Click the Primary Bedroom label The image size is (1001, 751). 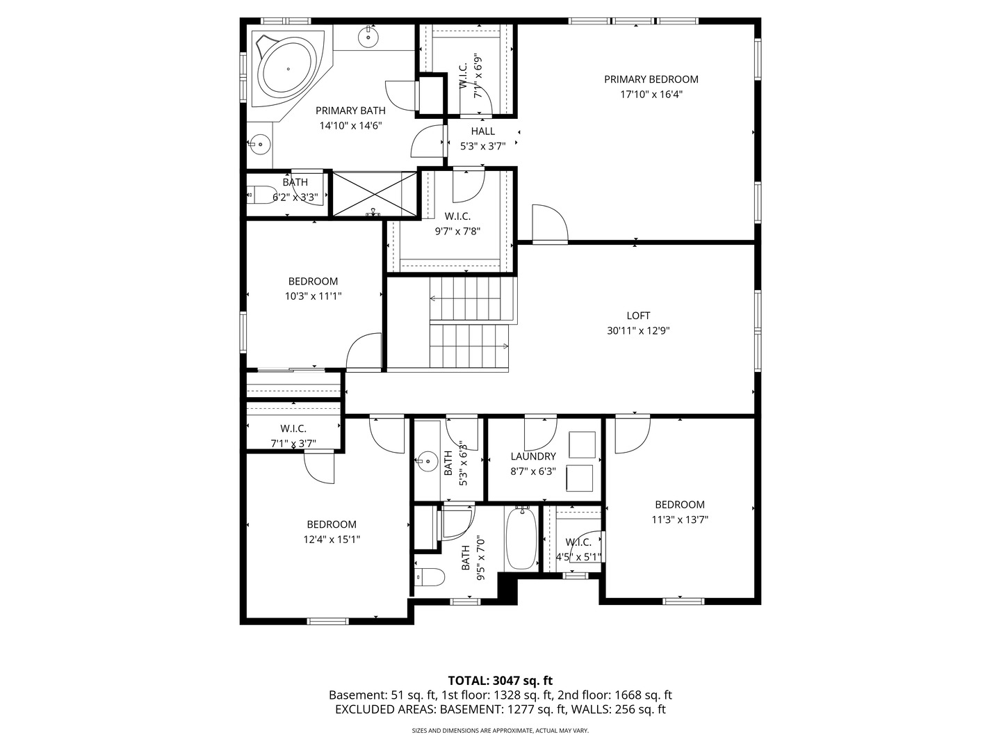[x=651, y=79]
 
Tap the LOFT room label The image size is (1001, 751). [x=638, y=316]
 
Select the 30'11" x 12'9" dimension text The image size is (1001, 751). [x=638, y=330]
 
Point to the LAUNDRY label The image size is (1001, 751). [x=533, y=456]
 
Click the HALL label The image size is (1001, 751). [x=483, y=131]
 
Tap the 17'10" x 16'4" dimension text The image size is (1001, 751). [x=651, y=95]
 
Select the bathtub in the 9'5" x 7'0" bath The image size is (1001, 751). [x=522, y=538]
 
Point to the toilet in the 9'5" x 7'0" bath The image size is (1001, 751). [x=430, y=577]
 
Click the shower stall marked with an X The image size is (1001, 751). [x=375, y=193]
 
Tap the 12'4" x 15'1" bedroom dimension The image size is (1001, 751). [x=332, y=540]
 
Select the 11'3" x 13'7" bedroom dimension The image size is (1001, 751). [x=679, y=520]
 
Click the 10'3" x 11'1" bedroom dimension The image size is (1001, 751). [x=313, y=296]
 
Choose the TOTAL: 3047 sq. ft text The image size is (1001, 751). [x=500, y=681]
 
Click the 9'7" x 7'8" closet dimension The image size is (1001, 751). [x=457, y=231]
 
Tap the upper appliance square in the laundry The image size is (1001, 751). [x=582, y=444]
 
